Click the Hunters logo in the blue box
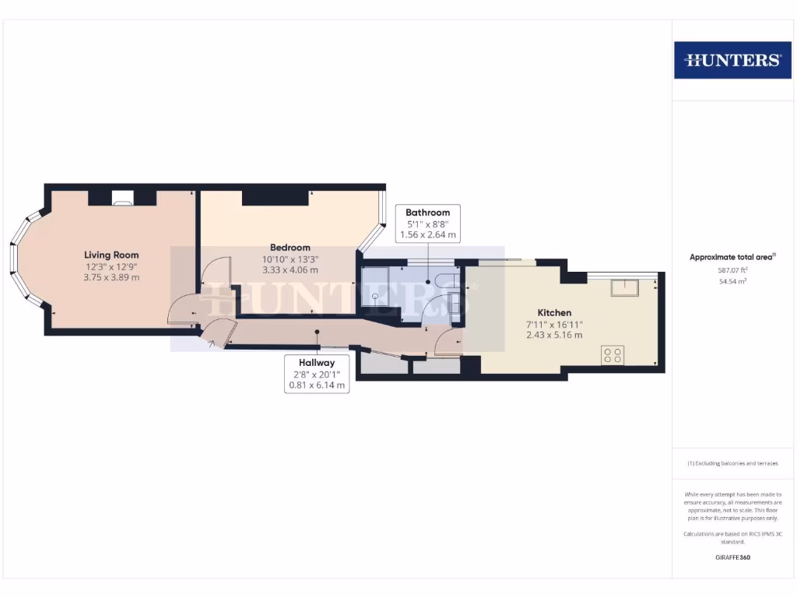click(732, 60)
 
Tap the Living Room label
click(111, 255)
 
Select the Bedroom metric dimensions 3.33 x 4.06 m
click(290, 270)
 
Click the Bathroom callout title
click(427, 213)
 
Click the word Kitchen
click(553, 312)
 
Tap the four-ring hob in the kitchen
click(612, 355)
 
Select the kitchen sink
click(624, 288)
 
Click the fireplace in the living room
click(122, 199)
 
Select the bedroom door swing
click(216, 273)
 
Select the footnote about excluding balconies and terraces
click(732, 463)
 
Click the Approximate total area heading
click(732, 257)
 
